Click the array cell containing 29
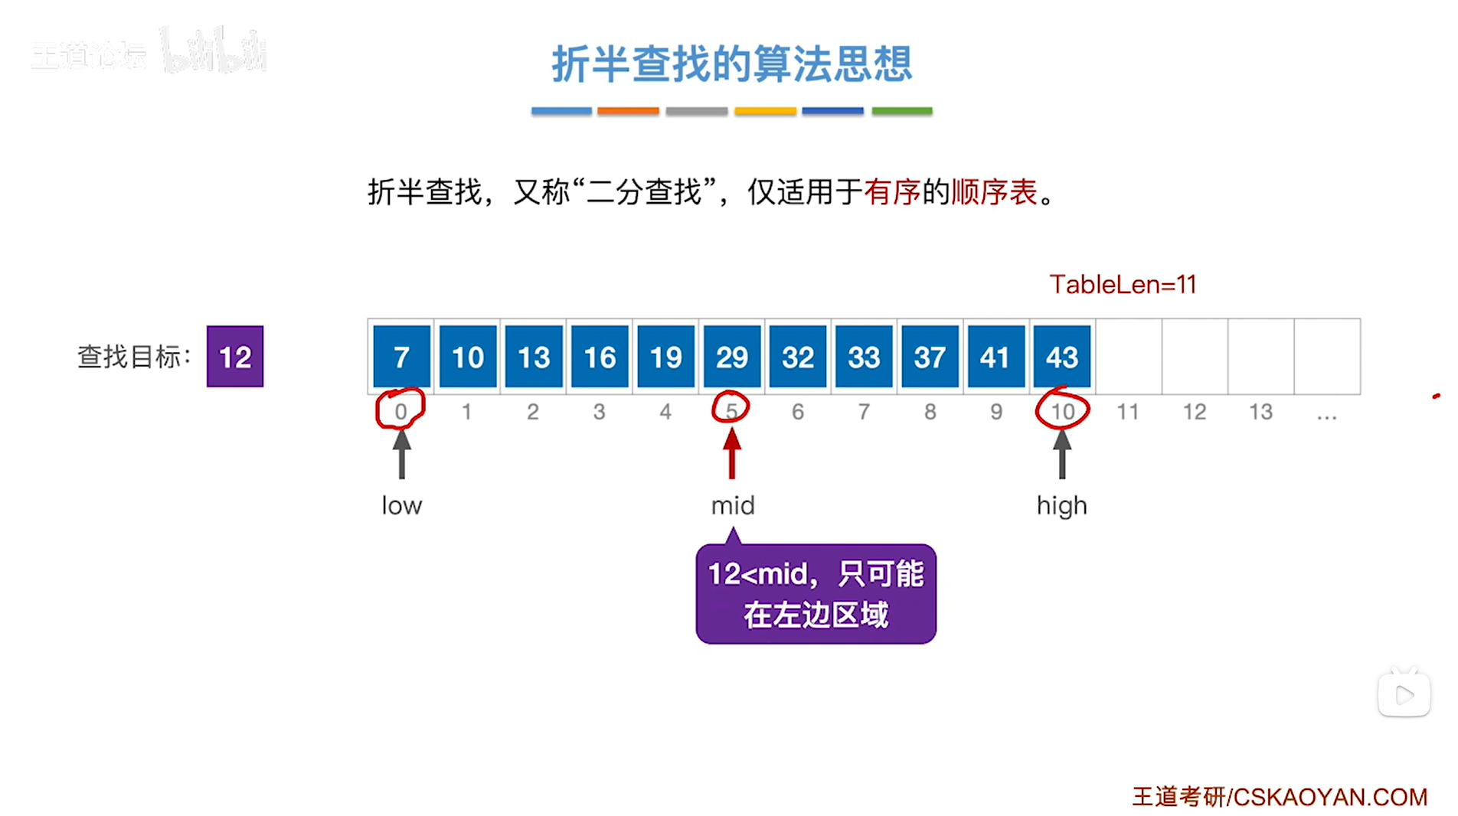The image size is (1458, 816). pos(731,357)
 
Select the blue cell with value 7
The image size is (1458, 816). pos(401,357)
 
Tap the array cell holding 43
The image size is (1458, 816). pos(1061,357)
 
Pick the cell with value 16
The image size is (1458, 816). pos(600,357)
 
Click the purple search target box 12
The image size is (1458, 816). pos(235,357)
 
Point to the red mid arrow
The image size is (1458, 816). pos(732,454)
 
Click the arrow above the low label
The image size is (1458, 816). pos(401,455)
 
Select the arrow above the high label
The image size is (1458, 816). pos(1061,455)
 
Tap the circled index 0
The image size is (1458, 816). pos(400,411)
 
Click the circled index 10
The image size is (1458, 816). pos(1062,411)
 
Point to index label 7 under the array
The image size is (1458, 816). pos(864,412)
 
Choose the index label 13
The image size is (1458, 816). pos(1260,412)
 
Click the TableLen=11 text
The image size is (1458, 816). pos(1123,285)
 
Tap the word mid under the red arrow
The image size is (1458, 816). pos(733,505)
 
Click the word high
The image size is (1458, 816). pos(1061,506)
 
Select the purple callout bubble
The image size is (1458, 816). pos(816,594)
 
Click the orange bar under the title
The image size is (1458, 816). pos(628,111)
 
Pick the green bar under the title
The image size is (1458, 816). pos(902,111)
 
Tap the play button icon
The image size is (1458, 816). pos(1404,695)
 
